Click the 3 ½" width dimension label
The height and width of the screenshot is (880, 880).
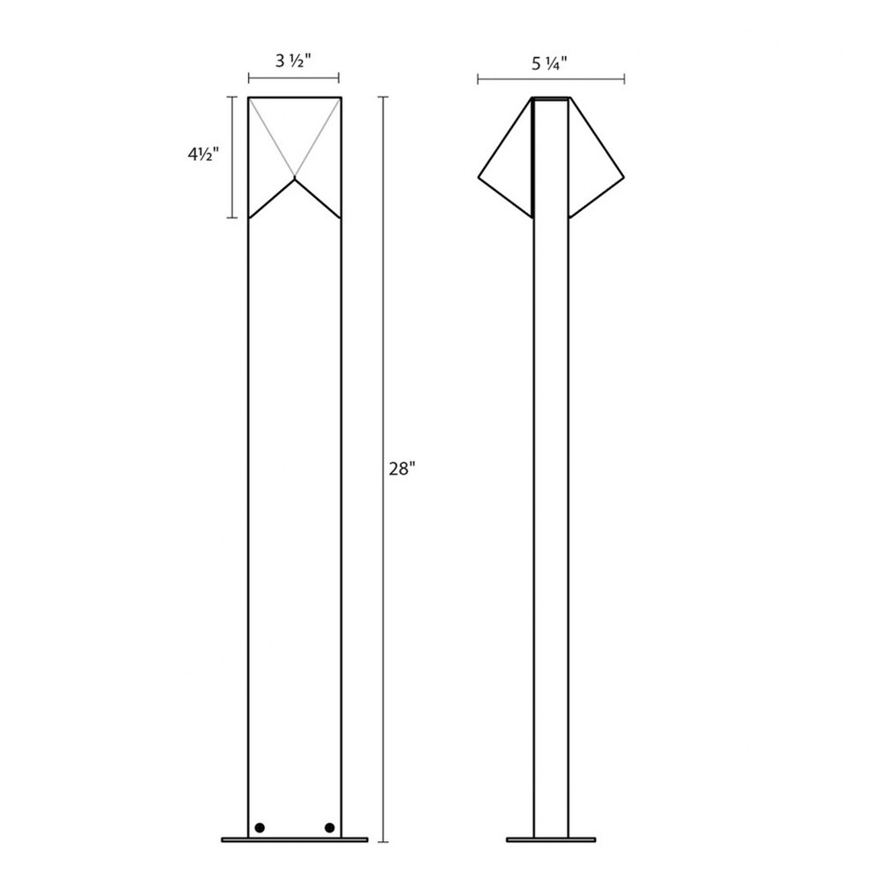click(293, 61)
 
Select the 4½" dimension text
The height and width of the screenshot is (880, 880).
click(202, 154)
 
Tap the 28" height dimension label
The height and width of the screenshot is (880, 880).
click(402, 469)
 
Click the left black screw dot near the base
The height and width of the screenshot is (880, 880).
click(260, 828)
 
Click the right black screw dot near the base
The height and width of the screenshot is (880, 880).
click(329, 828)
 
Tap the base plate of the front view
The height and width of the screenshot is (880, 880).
click(295, 840)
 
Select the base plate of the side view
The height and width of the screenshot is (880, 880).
click(551, 840)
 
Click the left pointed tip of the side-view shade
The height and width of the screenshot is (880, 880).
click(479, 178)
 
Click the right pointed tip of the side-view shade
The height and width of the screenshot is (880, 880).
click(624, 178)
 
